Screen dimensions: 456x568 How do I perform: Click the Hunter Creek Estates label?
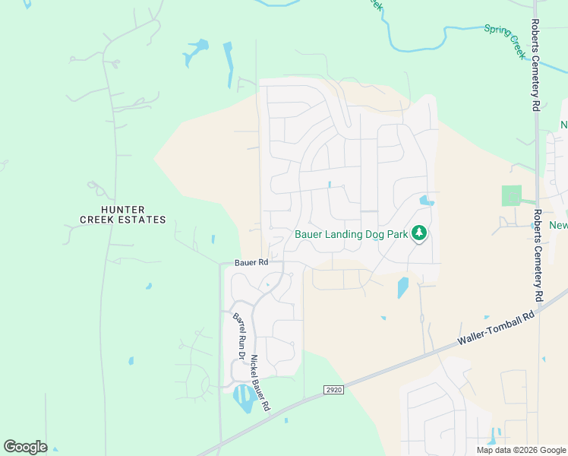pos(123,214)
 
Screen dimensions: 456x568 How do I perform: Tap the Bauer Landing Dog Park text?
pos(350,234)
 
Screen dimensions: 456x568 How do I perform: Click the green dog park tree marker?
pos(418,233)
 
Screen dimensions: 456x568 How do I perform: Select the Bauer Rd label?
pos(251,262)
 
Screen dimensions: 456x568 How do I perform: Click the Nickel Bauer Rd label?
pos(260,384)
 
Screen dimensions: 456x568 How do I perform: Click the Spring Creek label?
pos(505,41)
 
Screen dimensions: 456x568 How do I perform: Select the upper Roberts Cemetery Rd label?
pos(535,65)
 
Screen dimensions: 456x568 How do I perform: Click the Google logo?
pos(25,447)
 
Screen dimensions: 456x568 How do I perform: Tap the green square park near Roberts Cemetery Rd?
pos(512,195)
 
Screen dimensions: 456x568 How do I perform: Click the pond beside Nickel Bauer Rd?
pos(244,397)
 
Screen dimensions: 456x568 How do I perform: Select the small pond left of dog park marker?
pos(426,201)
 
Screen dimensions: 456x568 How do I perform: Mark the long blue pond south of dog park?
pos(402,287)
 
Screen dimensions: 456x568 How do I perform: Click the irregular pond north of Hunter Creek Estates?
pos(194,52)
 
